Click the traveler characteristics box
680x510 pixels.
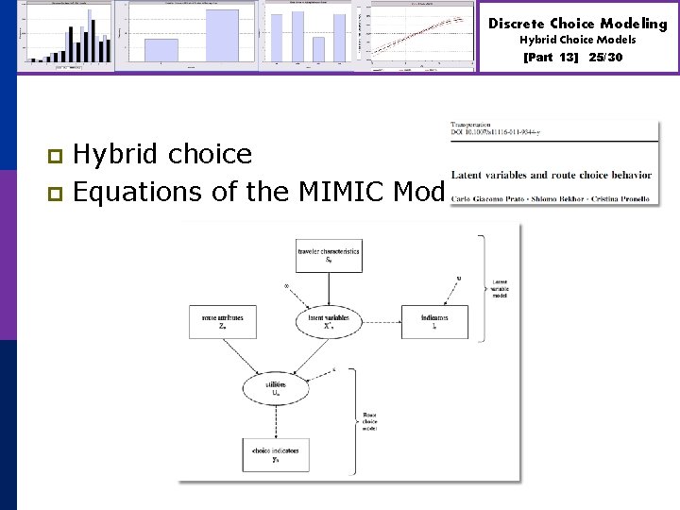328,255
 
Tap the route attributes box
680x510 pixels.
223,322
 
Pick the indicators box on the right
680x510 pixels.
434,322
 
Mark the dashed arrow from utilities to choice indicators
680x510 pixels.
276,420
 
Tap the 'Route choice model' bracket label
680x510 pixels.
373,421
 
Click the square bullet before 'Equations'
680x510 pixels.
55,193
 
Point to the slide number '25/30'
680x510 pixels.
605,58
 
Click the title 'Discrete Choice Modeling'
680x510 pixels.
578,24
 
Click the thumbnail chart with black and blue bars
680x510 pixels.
68,35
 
